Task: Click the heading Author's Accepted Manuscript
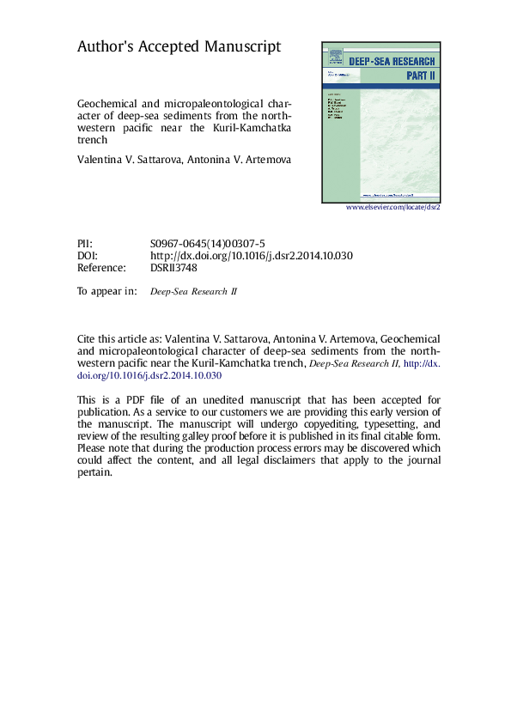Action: pos(179,46)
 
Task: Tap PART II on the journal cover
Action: pos(421,76)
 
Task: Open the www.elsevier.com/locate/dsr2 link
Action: pos(392,208)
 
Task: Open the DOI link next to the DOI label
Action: pos(252,256)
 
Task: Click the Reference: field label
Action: pos(102,268)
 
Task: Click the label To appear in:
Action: pos(106,291)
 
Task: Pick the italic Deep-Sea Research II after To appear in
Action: pos(194,292)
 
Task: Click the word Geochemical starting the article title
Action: pos(109,100)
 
